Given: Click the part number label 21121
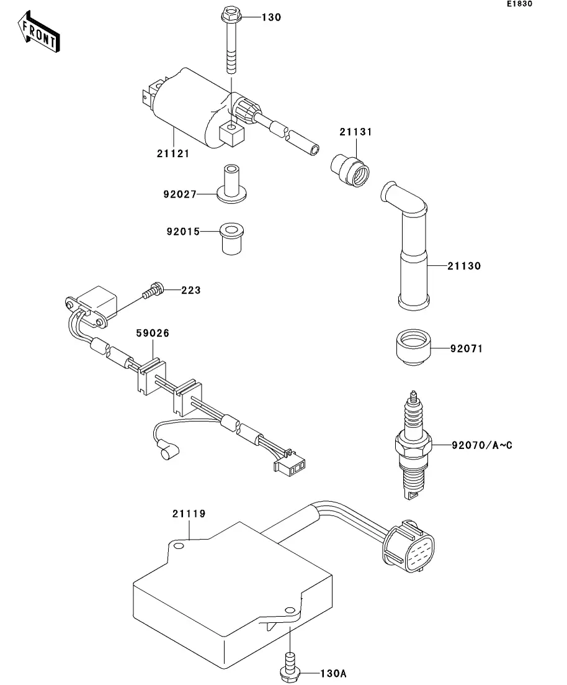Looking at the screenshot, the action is click(173, 154).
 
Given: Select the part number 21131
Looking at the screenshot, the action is click(355, 132).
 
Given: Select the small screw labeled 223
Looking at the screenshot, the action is click(154, 290).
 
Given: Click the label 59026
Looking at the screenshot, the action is click(153, 333).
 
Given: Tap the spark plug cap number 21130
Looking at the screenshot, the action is click(465, 266).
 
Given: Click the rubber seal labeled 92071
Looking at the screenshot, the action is click(413, 347).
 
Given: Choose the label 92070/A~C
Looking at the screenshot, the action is click(482, 446).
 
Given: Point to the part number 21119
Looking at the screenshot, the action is click(189, 514).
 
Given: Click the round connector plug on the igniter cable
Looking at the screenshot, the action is click(409, 547).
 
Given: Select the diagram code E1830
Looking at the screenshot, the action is click(519, 4).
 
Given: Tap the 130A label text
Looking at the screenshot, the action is click(334, 674).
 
